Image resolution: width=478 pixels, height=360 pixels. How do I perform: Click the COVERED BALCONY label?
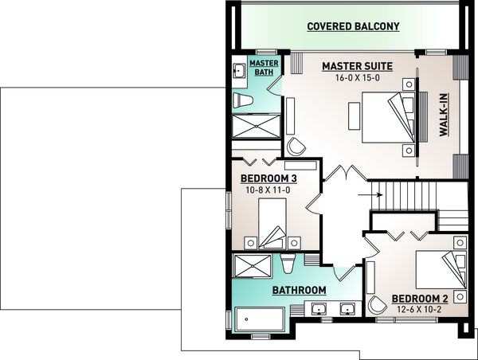pos(354,26)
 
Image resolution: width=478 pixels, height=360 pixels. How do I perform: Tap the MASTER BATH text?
pos(262,67)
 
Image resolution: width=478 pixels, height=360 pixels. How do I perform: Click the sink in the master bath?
pos(238,71)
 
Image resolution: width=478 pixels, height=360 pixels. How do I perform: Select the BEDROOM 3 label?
pos(269,178)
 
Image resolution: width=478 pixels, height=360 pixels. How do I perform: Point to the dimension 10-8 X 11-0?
pos(269,190)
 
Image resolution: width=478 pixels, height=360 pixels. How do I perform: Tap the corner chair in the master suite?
pos(296,146)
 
